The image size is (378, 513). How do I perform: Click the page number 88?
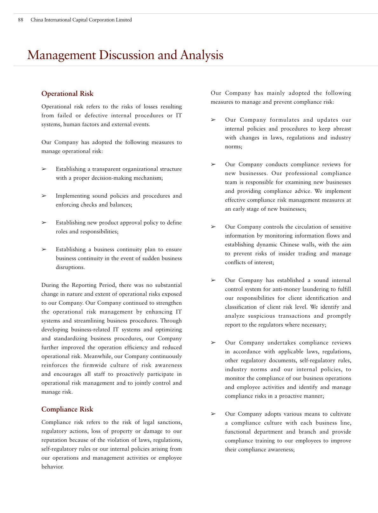[x=21, y=20]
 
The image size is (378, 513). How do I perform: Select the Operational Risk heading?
[x=67, y=94]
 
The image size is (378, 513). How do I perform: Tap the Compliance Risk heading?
[x=67, y=409]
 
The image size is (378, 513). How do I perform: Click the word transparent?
[x=106, y=169]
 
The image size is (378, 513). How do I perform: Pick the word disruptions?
[x=70, y=267]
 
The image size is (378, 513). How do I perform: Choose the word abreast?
[x=342, y=129]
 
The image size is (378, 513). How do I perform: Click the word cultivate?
[x=341, y=414]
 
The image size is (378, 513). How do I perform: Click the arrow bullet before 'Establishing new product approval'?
[x=44, y=223]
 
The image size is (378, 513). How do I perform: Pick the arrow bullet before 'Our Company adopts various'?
[x=213, y=414]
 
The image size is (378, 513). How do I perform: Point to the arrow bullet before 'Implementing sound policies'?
[x=44, y=196]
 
